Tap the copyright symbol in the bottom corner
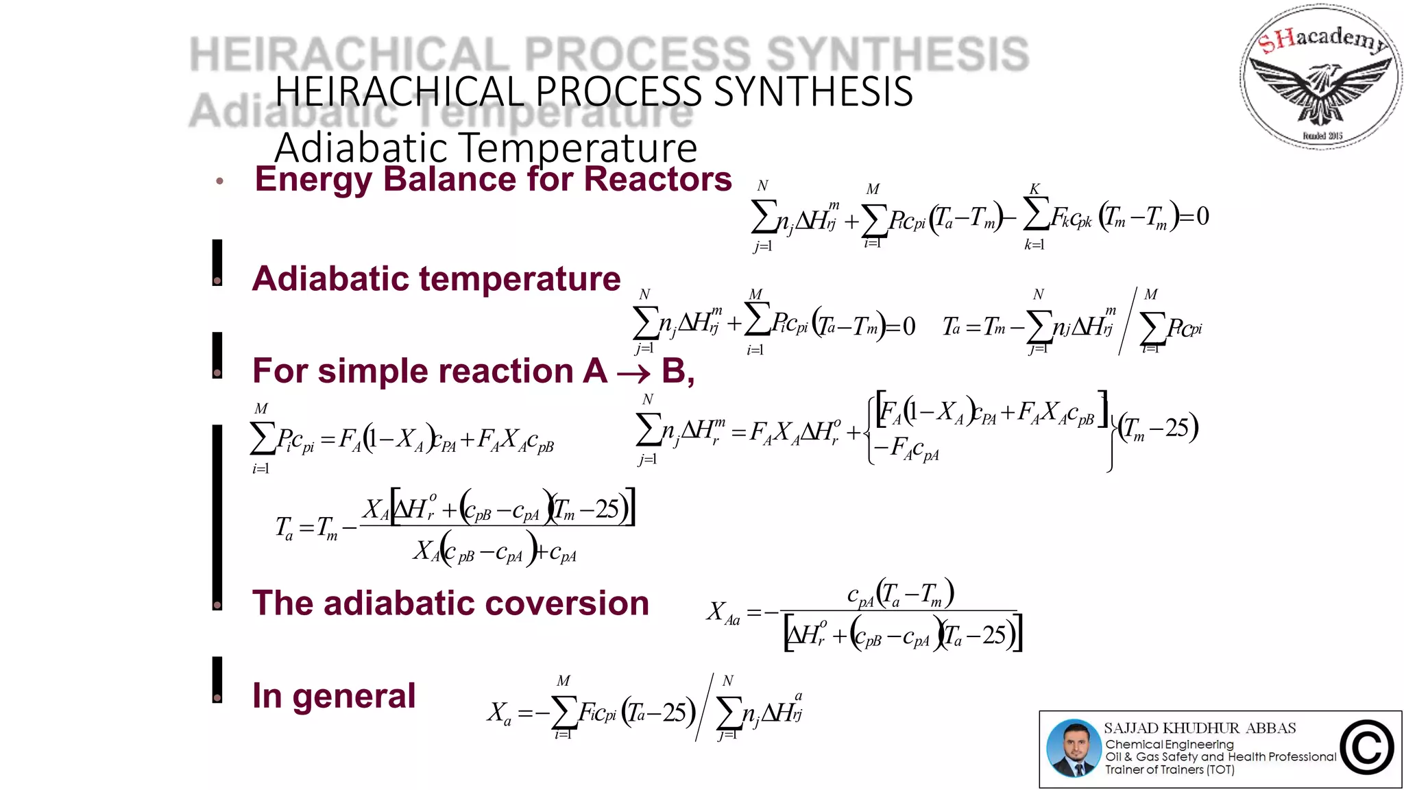pos(1367,748)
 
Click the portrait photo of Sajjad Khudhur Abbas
pos(1074,748)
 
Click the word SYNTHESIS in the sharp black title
pos(813,92)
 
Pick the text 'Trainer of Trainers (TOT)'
pos(1170,769)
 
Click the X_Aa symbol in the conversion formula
pos(723,612)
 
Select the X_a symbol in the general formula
pos(499,714)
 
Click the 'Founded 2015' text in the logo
pos(1322,136)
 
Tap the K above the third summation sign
pos(1034,188)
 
